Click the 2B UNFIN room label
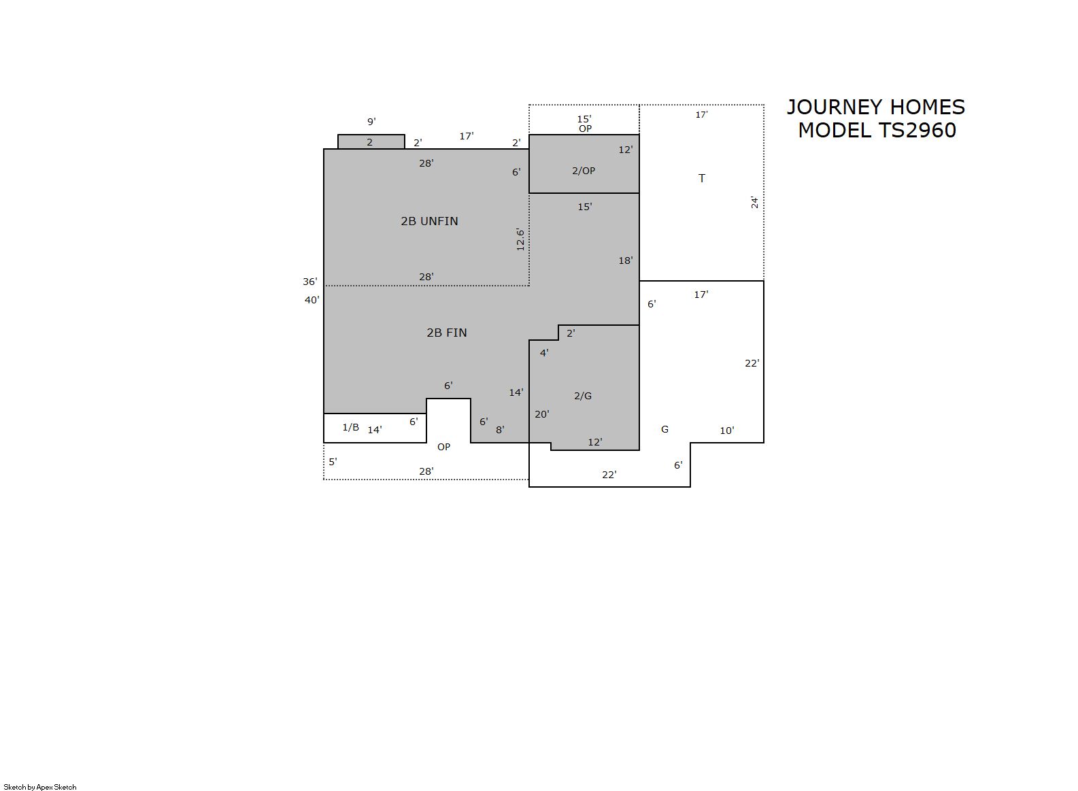tap(429, 221)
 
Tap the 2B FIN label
tap(447, 333)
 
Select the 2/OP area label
tap(584, 170)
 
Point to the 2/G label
tap(583, 396)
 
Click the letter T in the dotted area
tap(702, 178)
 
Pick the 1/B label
tap(350, 426)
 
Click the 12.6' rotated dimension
tap(520, 239)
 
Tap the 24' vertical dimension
tap(755, 203)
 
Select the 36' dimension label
tap(310, 282)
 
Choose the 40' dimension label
tap(312, 300)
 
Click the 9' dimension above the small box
tap(371, 122)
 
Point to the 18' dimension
tap(626, 260)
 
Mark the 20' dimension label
tap(542, 414)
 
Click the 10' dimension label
tap(726, 430)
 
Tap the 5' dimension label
tap(333, 461)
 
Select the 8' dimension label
tap(500, 430)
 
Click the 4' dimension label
tap(544, 353)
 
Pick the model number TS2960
tap(917, 131)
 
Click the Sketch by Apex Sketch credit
tap(40, 787)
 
